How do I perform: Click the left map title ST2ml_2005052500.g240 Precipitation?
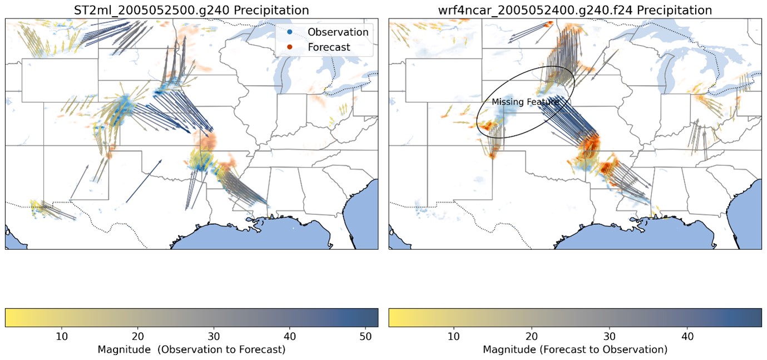pyautogui.click(x=191, y=10)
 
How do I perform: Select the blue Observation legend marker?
pyautogui.click(x=290, y=32)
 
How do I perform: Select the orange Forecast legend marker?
pyautogui.click(x=290, y=47)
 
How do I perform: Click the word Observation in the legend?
pyautogui.click(x=338, y=32)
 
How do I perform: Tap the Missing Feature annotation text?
pyautogui.click(x=525, y=102)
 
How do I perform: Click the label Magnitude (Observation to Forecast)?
pyautogui.click(x=191, y=350)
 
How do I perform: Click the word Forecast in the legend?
pyautogui.click(x=329, y=47)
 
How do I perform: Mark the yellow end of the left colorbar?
pyautogui.click(x=9, y=317)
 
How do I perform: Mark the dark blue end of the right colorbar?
pyautogui.click(x=757, y=317)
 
